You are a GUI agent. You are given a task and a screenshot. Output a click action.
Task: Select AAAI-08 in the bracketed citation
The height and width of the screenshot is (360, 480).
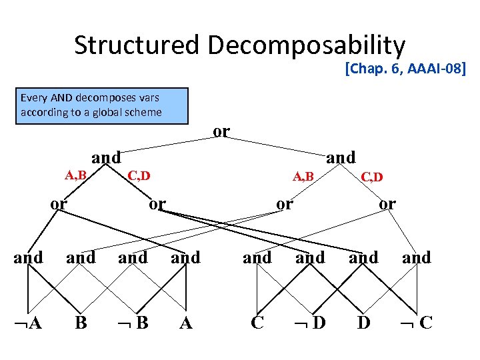click(436, 68)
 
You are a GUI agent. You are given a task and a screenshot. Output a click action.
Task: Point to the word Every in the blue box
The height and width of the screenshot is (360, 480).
click(33, 98)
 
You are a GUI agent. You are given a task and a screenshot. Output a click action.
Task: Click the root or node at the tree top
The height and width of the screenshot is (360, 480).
click(221, 131)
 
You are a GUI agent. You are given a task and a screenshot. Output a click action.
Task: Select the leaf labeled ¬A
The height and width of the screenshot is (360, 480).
click(27, 323)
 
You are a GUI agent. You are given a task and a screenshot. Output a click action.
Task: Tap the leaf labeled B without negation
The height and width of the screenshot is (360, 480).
click(81, 323)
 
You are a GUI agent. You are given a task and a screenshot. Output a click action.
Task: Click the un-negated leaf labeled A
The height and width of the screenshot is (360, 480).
click(186, 323)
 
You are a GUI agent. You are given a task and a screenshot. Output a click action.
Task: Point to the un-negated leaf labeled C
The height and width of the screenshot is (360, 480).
click(257, 323)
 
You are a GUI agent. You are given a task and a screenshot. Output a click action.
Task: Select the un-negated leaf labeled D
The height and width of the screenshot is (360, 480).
click(364, 323)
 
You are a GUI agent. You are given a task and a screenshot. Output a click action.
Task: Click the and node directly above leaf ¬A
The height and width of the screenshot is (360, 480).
click(28, 257)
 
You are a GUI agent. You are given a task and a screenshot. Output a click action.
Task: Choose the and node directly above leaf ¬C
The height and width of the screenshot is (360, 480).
click(417, 257)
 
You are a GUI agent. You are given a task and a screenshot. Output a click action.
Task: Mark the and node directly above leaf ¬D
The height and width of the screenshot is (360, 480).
click(310, 257)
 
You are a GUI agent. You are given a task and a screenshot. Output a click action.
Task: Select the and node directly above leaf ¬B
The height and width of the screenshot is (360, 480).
click(133, 257)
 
